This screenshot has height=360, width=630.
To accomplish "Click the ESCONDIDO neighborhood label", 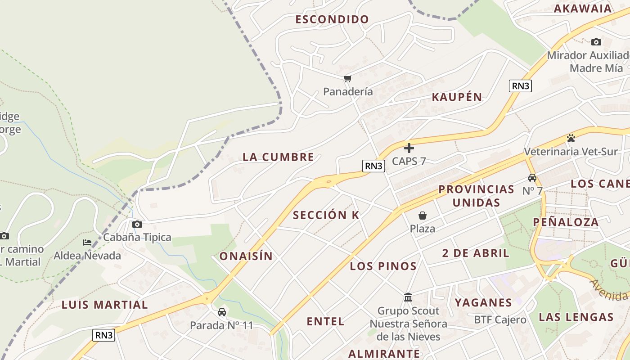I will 332,19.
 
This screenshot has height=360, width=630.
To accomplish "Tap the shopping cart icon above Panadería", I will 347,79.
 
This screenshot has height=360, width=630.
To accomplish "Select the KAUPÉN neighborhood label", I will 457,97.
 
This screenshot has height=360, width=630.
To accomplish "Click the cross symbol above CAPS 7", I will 409,148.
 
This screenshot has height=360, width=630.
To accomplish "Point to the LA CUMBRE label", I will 278,157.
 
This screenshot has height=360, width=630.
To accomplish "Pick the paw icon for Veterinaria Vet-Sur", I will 571,138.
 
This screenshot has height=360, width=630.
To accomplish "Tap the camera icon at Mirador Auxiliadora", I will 596,42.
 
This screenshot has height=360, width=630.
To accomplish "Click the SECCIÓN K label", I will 326,215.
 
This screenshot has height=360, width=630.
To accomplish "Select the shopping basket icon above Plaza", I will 422,216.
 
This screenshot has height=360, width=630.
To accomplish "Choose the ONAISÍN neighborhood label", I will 246,256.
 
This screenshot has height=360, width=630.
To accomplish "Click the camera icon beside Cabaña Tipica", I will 137,224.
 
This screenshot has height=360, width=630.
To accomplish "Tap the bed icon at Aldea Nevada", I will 87,243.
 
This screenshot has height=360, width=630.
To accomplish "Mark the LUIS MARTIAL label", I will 104,305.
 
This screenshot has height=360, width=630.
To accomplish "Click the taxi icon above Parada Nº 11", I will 221,312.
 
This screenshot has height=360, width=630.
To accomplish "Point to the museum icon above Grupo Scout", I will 408,297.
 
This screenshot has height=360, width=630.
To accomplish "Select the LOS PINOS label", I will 383,266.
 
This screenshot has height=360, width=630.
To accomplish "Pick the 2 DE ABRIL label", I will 476,253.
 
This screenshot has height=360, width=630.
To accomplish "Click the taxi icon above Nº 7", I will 532,177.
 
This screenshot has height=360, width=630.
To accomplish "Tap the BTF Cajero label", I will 500,320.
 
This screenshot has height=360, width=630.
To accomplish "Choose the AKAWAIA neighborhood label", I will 582,8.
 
